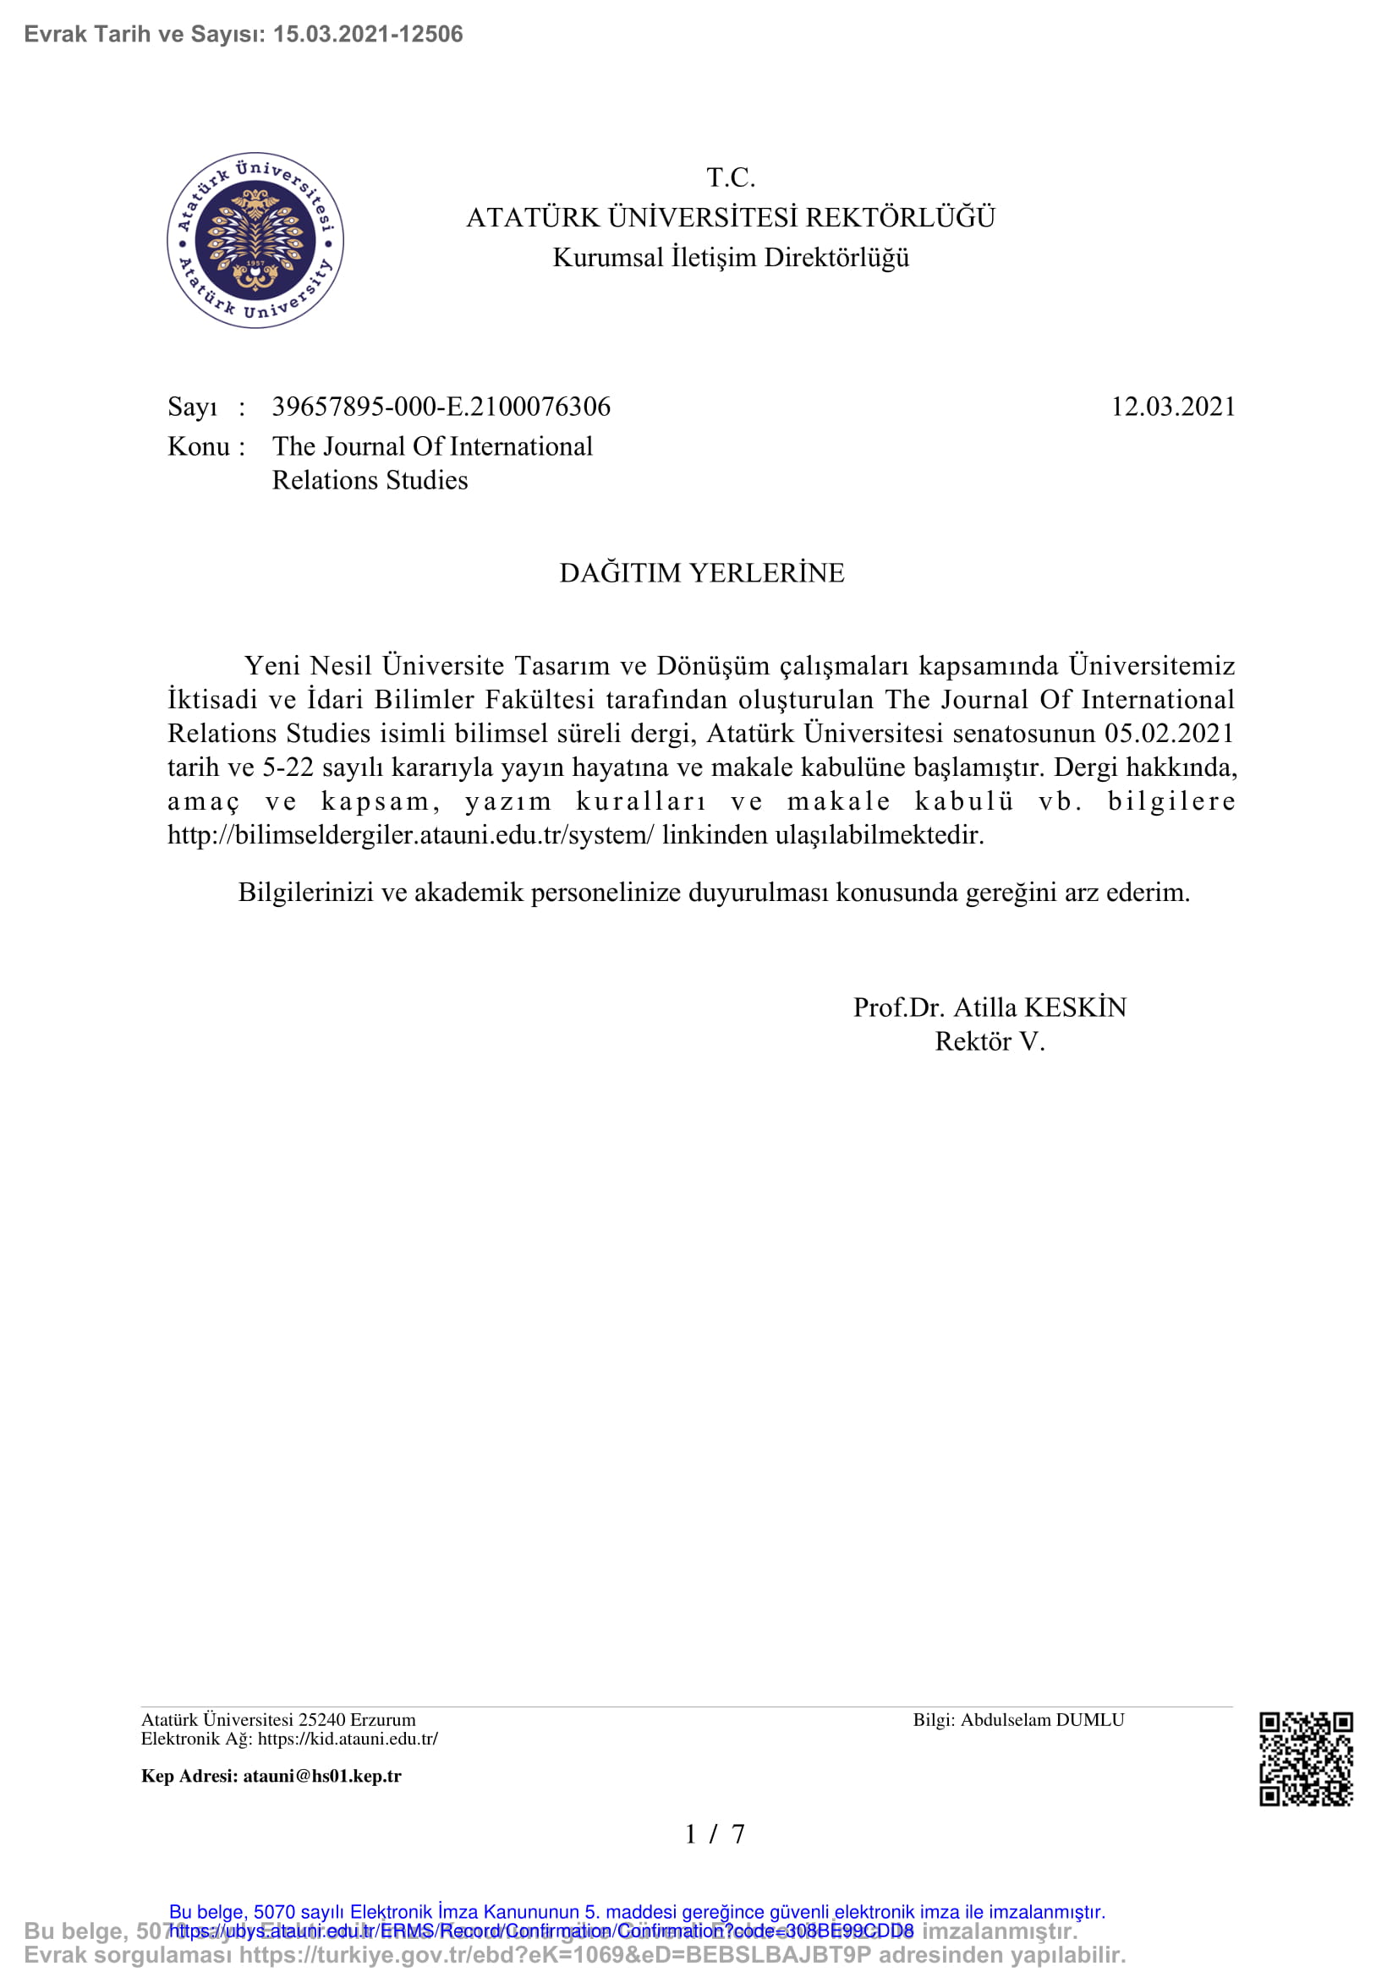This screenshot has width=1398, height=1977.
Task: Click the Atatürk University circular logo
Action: [x=255, y=240]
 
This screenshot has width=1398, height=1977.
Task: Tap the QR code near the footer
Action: [x=1306, y=1759]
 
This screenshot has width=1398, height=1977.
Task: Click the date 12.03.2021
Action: [x=1172, y=407]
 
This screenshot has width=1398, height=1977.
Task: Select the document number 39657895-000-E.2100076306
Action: [x=441, y=407]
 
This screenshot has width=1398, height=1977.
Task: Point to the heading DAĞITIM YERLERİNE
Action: [x=701, y=572]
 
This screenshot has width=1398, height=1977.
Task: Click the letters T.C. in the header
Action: [x=731, y=177]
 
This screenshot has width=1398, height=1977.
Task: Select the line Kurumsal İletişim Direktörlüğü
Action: [x=731, y=258]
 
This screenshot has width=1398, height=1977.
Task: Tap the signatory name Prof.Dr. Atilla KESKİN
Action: [x=990, y=1008]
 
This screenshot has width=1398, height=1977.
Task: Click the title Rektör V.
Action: [x=990, y=1042]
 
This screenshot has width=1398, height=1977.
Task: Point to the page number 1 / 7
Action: [x=714, y=1834]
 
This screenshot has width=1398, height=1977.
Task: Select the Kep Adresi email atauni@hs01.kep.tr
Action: [x=322, y=1776]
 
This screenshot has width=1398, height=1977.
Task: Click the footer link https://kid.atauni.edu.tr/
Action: [x=348, y=1739]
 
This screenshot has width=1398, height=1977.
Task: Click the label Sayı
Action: [x=192, y=407]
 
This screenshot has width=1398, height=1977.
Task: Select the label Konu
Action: [x=198, y=446]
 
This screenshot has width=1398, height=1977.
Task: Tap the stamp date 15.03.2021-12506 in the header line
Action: [x=368, y=34]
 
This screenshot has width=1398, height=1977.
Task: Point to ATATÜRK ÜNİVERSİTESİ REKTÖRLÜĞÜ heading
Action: [x=731, y=217]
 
